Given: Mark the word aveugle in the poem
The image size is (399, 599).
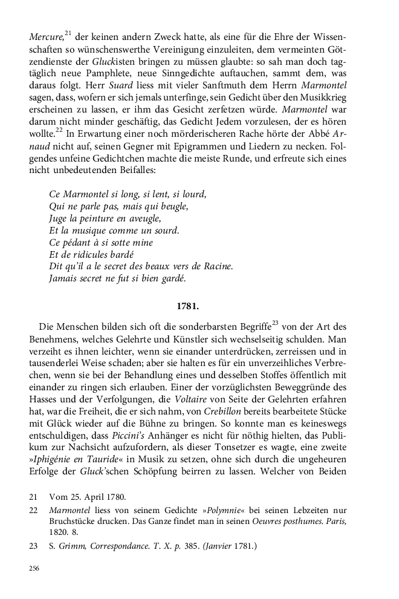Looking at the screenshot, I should [143, 218].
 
